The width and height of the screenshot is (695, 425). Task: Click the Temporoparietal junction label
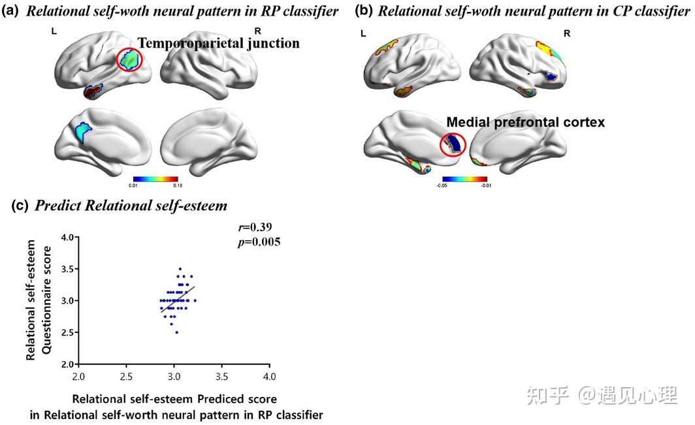click(x=218, y=44)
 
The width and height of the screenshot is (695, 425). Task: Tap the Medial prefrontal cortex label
click(x=525, y=121)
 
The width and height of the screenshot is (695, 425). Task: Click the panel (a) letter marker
click(x=11, y=10)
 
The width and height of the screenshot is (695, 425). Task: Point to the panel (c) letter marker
click(x=21, y=206)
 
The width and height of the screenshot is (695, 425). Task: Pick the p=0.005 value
click(x=259, y=242)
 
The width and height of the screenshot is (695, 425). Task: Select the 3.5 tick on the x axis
click(x=221, y=377)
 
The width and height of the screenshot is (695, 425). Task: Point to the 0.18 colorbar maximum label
click(x=178, y=185)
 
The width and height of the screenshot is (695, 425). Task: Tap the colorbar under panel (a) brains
click(x=155, y=178)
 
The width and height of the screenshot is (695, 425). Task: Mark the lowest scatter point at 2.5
click(x=176, y=332)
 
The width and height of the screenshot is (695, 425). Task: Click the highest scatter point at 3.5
click(x=180, y=268)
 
